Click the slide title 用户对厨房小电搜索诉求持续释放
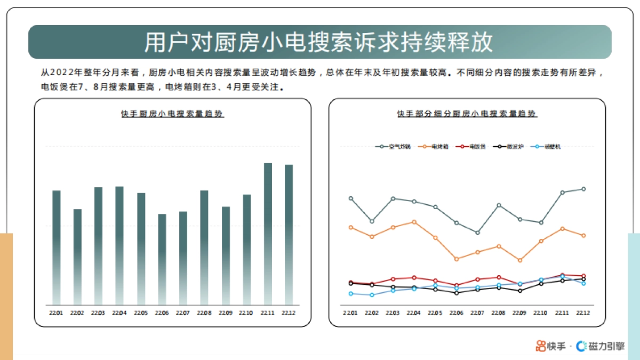click(x=319, y=43)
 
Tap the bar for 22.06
click(x=162, y=259)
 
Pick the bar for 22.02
click(x=77, y=257)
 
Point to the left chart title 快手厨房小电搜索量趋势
click(x=172, y=114)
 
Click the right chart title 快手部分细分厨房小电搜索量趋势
click(x=467, y=114)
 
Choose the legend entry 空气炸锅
click(x=393, y=147)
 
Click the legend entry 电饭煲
click(x=471, y=147)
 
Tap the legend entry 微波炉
click(x=509, y=147)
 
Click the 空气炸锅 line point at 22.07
click(x=477, y=233)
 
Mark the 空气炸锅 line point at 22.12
click(x=583, y=189)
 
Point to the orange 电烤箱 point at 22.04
click(x=414, y=222)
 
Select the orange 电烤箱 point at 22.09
click(x=520, y=260)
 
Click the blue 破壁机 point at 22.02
click(x=372, y=295)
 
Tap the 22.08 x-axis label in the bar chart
click(x=204, y=313)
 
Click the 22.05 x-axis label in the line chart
click(x=435, y=313)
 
